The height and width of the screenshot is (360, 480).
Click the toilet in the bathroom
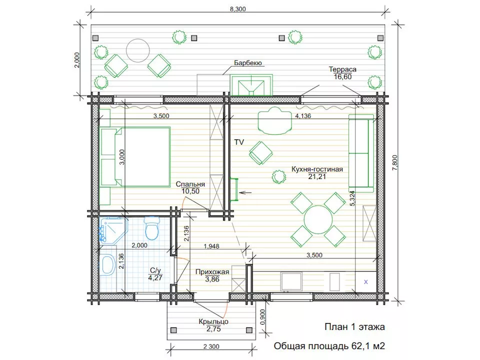tap(152, 228)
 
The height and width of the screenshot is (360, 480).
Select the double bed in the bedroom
tap(135, 156)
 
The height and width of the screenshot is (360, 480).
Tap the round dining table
tap(318, 219)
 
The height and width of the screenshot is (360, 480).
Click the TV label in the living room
tap(239, 142)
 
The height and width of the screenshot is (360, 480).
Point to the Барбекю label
tap(248, 63)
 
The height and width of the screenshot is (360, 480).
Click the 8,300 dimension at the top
tap(238, 9)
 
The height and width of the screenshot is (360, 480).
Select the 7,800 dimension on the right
tap(394, 163)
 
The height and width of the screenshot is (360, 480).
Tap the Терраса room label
tap(342, 69)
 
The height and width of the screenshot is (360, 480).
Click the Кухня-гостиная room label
tap(317, 169)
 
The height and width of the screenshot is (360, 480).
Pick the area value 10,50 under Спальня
tap(190, 191)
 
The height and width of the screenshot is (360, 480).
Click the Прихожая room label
tap(212, 272)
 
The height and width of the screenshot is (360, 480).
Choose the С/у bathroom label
tap(155, 270)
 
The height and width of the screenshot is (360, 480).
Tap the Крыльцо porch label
tap(213, 321)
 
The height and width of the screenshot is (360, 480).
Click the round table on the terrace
tap(138, 50)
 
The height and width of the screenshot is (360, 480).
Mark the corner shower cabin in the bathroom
tap(113, 230)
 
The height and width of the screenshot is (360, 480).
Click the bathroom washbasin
tap(107, 265)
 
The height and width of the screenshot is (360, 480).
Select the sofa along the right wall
tap(361, 153)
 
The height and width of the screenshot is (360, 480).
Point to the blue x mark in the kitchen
tap(366, 282)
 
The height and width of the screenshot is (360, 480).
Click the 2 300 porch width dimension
tap(211, 346)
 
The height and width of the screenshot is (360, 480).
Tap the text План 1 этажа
tap(354, 327)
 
